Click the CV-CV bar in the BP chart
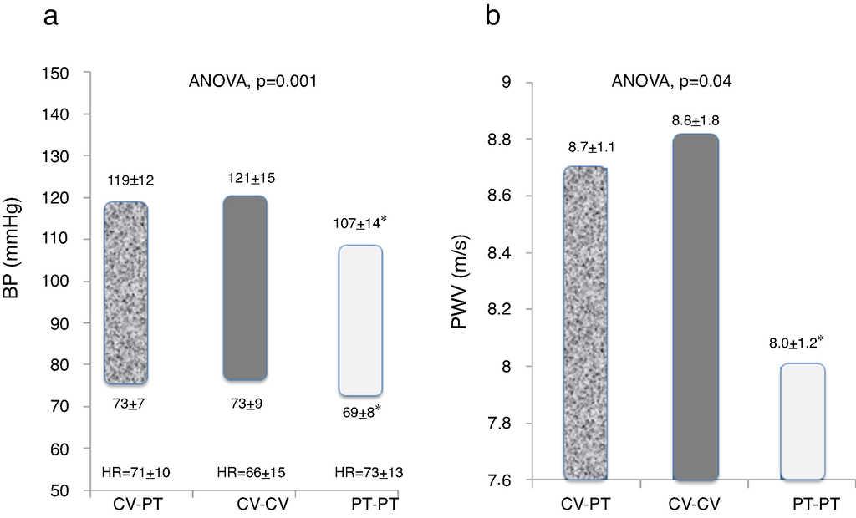click(x=246, y=288)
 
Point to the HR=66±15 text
click(x=251, y=473)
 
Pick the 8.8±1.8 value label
click(x=695, y=120)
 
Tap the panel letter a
click(x=52, y=18)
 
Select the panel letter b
click(x=493, y=17)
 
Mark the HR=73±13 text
click(x=368, y=473)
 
